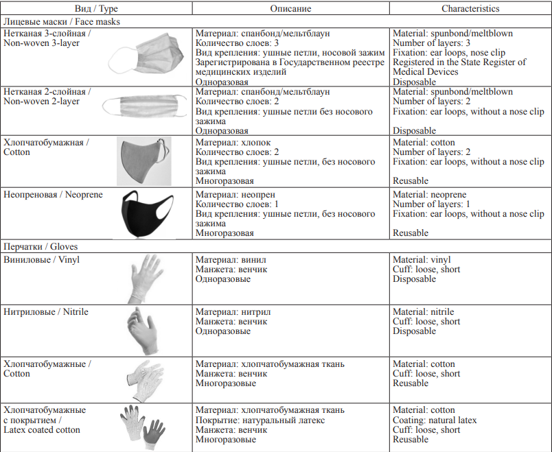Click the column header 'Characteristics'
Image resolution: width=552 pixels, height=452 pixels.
(x=470, y=8)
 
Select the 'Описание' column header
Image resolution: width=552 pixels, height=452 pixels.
(x=290, y=8)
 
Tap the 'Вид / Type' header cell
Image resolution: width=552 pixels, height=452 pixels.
(x=96, y=8)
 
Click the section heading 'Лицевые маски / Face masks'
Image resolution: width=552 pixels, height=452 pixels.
(x=62, y=22)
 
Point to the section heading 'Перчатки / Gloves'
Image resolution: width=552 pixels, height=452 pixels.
(x=41, y=247)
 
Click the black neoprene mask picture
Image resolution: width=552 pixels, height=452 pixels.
(x=148, y=214)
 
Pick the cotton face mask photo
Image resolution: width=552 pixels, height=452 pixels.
(x=144, y=161)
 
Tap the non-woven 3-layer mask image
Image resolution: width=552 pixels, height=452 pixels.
(x=146, y=54)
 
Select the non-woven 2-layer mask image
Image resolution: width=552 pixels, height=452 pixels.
(x=145, y=106)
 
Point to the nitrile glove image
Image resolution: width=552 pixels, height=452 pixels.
(x=143, y=331)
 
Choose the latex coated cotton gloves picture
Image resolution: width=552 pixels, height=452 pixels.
(x=143, y=427)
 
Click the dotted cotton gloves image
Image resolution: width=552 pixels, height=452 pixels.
(x=145, y=380)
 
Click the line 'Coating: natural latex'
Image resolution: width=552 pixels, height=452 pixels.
(x=435, y=420)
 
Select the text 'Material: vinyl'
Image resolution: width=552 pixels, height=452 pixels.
(x=422, y=259)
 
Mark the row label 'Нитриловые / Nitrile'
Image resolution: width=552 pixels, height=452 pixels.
(x=46, y=311)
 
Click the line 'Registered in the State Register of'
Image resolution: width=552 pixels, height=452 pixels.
(x=459, y=62)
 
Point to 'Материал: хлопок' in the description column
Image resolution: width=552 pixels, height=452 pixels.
(x=233, y=143)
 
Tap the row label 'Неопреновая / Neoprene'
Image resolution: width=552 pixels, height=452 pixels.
(x=53, y=195)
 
